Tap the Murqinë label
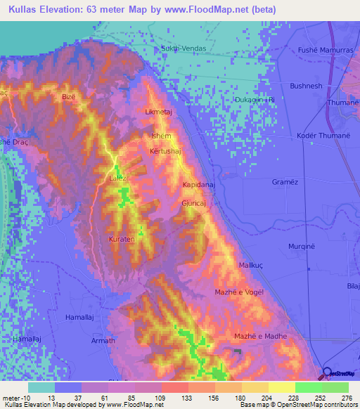pyautogui.click(x=303, y=247)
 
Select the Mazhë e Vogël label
pyautogui.click(x=239, y=292)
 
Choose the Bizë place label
pyautogui.click(x=68, y=96)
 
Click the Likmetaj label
pyautogui.click(x=158, y=112)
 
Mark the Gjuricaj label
pyautogui.click(x=194, y=202)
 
